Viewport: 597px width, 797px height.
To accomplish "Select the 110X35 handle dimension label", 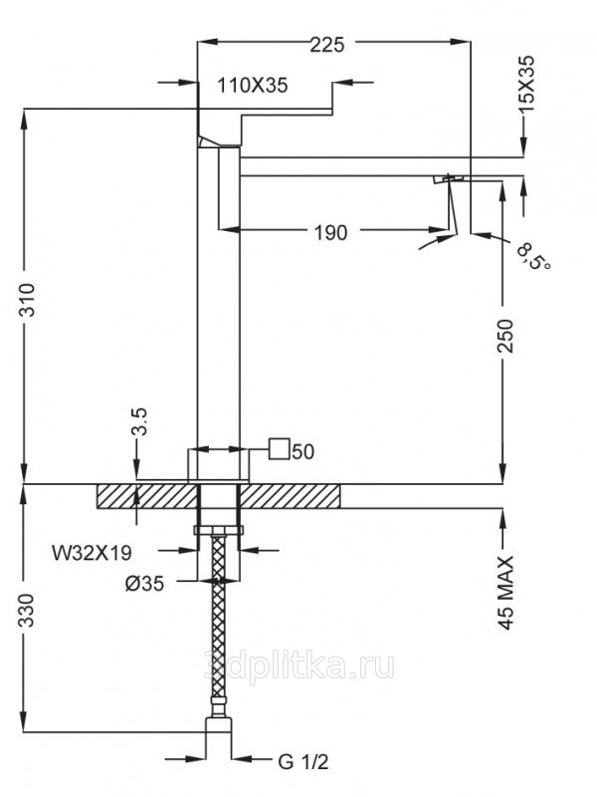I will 253,86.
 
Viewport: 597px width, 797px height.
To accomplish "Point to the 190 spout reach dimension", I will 330,233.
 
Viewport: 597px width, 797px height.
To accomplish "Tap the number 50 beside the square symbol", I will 303,451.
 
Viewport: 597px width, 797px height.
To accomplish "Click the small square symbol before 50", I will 280,450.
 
